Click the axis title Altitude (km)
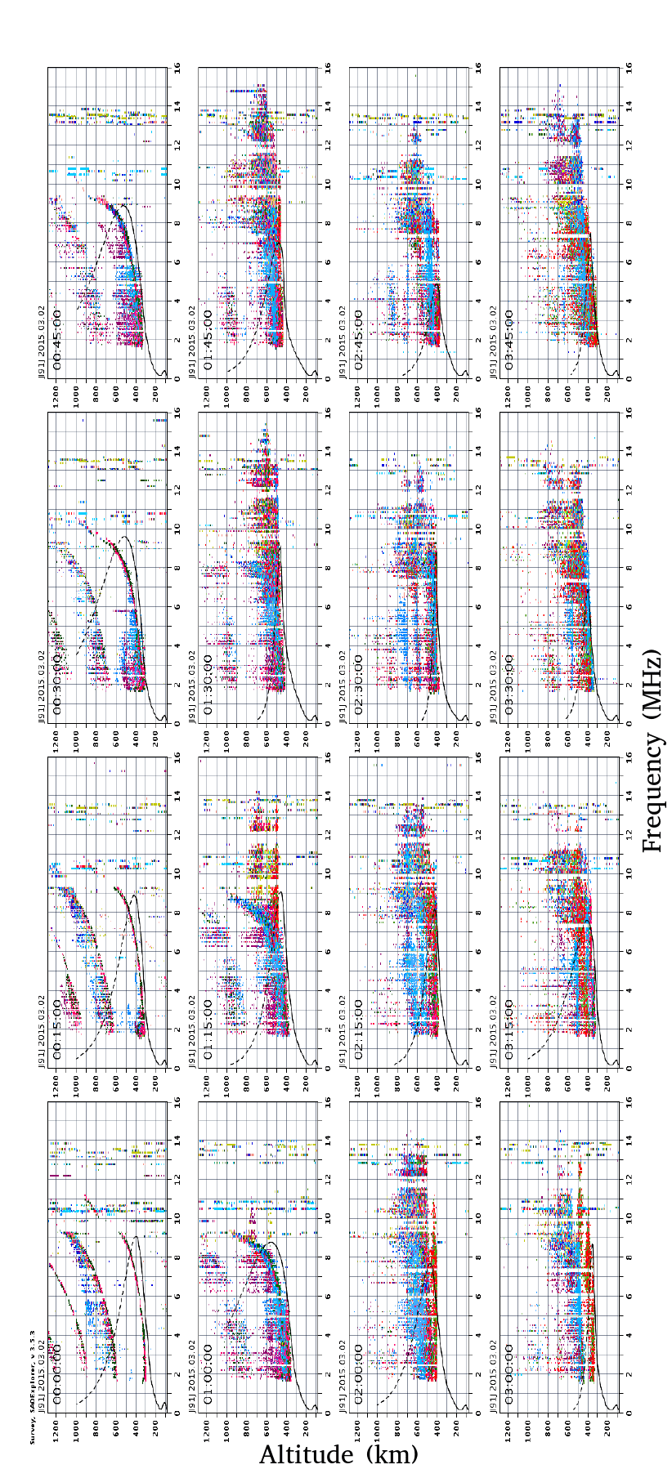338,1454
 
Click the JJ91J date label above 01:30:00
193,677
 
